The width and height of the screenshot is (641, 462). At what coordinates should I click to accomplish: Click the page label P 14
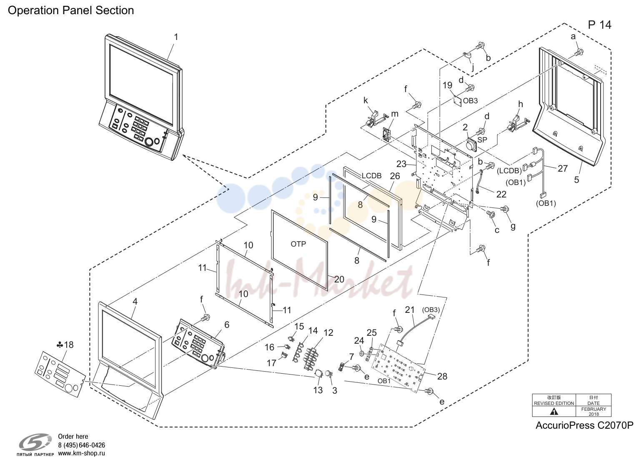pyautogui.click(x=599, y=25)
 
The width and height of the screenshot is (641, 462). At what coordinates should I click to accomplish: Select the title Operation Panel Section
pyautogui.click(x=71, y=10)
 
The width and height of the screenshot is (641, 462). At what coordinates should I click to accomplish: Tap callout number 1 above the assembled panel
pyautogui.click(x=176, y=37)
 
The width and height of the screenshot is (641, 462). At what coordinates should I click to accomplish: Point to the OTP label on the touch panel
pyautogui.click(x=298, y=244)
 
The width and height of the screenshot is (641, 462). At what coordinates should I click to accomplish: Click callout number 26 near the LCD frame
pyautogui.click(x=395, y=176)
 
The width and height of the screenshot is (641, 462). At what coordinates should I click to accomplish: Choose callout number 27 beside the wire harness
pyautogui.click(x=563, y=168)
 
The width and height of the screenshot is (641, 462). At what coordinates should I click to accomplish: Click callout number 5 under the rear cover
pyautogui.click(x=577, y=180)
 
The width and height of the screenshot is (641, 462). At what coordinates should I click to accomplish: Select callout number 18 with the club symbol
pyautogui.click(x=65, y=345)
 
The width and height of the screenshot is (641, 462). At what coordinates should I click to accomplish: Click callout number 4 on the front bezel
pyautogui.click(x=135, y=301)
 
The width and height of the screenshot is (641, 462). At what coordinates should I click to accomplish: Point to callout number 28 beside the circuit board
pyautogui.click(x=442, y=377)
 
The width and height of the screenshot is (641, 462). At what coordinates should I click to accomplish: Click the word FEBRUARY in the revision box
pyautogui.click(x=594, y=409)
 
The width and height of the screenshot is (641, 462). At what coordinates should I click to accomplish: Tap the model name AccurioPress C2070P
pyautogui.click(x=584, y=425)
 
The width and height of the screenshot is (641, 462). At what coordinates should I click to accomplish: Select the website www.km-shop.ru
pyautogui.click(x=82, y=453)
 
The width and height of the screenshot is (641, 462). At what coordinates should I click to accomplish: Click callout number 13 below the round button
pyautogui.click(x=318, y=390)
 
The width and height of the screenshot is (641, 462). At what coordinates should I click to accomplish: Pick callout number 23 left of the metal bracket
pyautogui.click(x=401, y=164)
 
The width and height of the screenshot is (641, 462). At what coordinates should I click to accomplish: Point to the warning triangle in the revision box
pyautogui.click(x=554, y=412)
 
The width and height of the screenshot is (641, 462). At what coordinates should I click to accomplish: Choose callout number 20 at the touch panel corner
pyautogui.click(x=339, y=279)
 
